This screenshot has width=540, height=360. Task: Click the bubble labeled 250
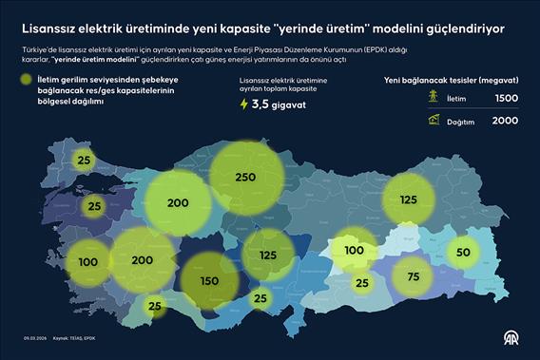click(246, 178)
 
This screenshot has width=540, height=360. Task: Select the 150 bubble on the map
click(210, 281)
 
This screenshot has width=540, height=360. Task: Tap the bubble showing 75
click(412, 276)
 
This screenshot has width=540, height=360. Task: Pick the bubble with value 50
click(463, 252)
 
